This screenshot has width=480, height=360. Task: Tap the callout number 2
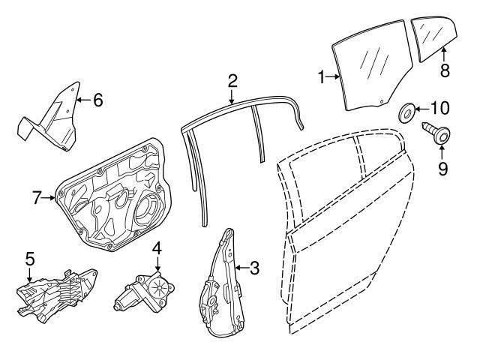click(232, 80)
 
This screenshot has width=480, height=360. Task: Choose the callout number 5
click(30, 258)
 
